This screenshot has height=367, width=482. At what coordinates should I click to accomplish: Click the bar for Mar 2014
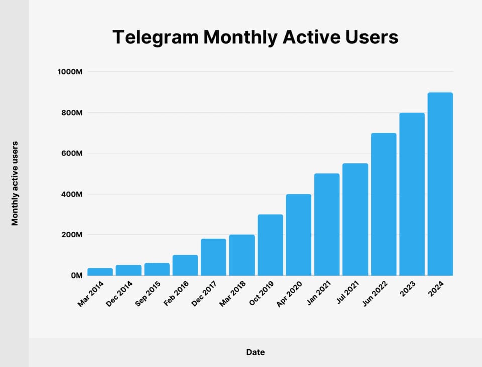tap(100, 272)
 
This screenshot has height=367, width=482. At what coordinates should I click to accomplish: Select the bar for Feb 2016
tap(185, 265)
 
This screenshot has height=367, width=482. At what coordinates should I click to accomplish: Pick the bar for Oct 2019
tap(270, 245)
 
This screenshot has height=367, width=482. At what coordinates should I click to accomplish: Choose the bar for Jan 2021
tap(327, 225)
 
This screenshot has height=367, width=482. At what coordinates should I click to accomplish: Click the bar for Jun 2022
tap(384, 204)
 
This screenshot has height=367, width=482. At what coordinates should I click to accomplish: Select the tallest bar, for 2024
tap(440, 184)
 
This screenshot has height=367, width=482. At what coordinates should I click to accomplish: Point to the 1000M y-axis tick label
tap(70, 72)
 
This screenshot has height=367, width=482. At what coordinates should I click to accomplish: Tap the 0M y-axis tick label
tap(76, 276)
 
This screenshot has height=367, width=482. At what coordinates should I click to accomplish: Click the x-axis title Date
tap(255, 352)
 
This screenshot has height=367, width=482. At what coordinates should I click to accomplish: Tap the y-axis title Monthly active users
tap(15, 182)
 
